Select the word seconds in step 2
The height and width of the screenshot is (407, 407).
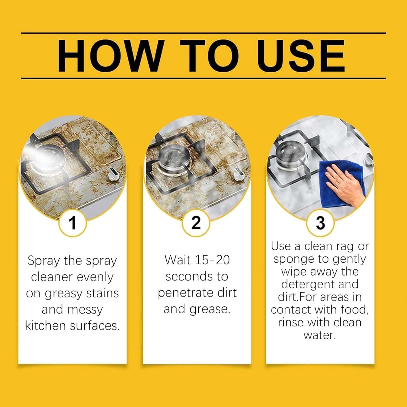[x=186, y=276]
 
